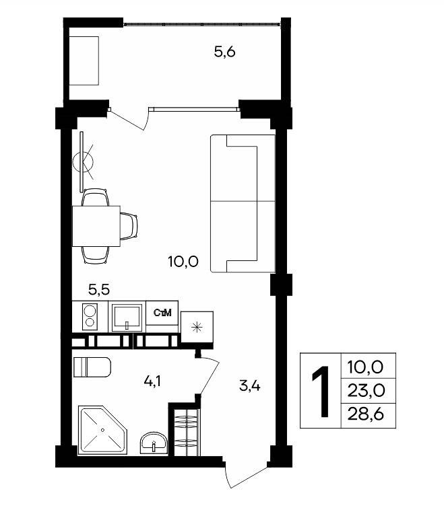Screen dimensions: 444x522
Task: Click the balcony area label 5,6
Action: (x=224, y=52)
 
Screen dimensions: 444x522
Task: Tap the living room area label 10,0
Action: (x=183, y=262)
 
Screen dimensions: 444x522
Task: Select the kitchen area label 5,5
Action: (x=99, y=290)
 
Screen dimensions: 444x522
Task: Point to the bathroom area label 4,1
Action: (x=152, y=381)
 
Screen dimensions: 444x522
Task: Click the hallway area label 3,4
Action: (x=250, y=386)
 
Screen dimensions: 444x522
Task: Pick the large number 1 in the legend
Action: (x=321, y=392)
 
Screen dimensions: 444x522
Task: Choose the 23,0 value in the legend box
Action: (x=366, y=391)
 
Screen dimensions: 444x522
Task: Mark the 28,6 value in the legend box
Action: (x=366, y=414)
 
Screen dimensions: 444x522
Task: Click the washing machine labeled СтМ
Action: (x=162, y=313)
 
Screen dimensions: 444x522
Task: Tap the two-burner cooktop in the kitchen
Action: (x=90, y=317)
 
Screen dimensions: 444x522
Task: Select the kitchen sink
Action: (x=127, y=317)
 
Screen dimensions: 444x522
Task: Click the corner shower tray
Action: (x=102, y=430)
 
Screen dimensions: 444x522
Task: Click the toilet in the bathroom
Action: (x=92, y=367)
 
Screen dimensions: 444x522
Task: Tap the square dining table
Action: (x=96, y=226)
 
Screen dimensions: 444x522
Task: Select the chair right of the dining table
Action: (x=129, y=226)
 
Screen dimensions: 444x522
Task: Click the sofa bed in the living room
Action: (x=243, y=203)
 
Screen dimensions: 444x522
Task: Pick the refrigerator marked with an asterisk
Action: (x=197, y=328)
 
